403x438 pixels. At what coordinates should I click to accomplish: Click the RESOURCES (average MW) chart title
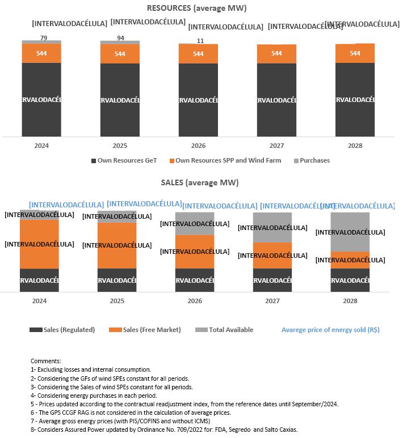click(x=197, y=8)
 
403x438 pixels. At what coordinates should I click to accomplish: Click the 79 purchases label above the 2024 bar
click(x=41, y=37)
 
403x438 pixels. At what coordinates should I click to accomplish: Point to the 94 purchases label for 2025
click(x=120, y=38)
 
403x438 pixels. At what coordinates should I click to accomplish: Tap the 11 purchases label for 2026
click(x=200, y=41)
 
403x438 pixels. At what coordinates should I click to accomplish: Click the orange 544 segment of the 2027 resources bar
click(x=276, y=53)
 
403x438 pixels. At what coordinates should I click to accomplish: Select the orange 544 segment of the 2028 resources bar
click(x=355, y=53)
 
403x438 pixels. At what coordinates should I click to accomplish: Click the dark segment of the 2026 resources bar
click(x=198, y=100)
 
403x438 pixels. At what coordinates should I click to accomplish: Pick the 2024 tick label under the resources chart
click(x=41, y=146)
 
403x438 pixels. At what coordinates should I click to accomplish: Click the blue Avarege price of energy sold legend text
click(x=330, y=330)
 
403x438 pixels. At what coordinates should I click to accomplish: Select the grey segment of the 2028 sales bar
click(x=350, y=232)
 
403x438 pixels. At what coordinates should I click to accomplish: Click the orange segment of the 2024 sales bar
click(x=39, y=244)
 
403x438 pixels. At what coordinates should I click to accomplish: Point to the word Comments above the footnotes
click(x=45, y=361)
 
